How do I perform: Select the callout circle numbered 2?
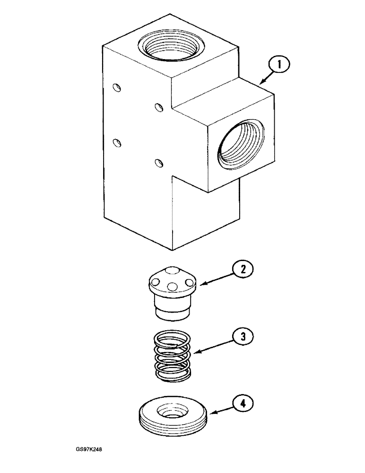coord(243,270)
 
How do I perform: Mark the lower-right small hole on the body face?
coord(160,163)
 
